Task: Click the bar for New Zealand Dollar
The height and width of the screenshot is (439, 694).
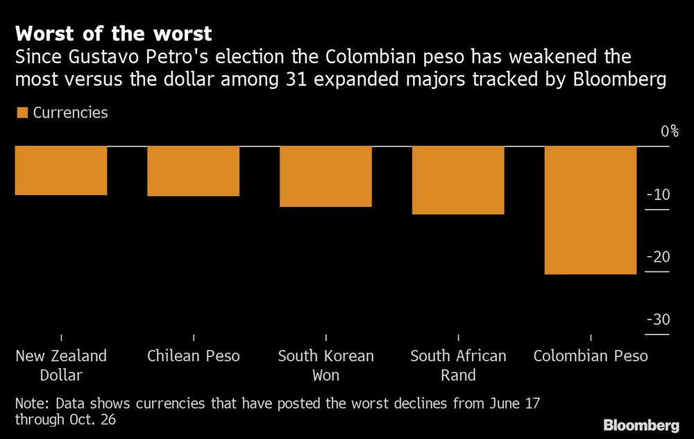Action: coord(61,170)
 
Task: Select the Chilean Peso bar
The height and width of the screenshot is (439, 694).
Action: coord(193,171)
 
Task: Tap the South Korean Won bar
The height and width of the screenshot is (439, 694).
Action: coord(325,176)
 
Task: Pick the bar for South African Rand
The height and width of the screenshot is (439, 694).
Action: coord(458,180)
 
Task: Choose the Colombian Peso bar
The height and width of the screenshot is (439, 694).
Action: coord(591,210)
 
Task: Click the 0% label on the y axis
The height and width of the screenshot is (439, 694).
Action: coord(669,131)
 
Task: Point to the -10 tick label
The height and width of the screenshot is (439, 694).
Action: coord(657,194)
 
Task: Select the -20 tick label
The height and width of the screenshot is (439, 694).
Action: coord(657,257)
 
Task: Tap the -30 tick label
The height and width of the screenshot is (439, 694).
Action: coord(657,320)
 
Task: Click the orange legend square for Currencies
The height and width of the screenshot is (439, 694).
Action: coord(22,113)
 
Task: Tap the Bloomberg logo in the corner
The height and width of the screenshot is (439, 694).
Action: coord(641,424)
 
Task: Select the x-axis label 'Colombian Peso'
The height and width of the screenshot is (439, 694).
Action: coord(591,356)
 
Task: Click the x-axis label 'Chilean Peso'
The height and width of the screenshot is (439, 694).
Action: coord(193,356)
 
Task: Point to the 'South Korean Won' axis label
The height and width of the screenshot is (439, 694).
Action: coord(325,365)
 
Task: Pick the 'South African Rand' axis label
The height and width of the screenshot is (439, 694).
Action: coord(458,365)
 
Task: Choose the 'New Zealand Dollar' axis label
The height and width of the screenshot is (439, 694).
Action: coord(61,365)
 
